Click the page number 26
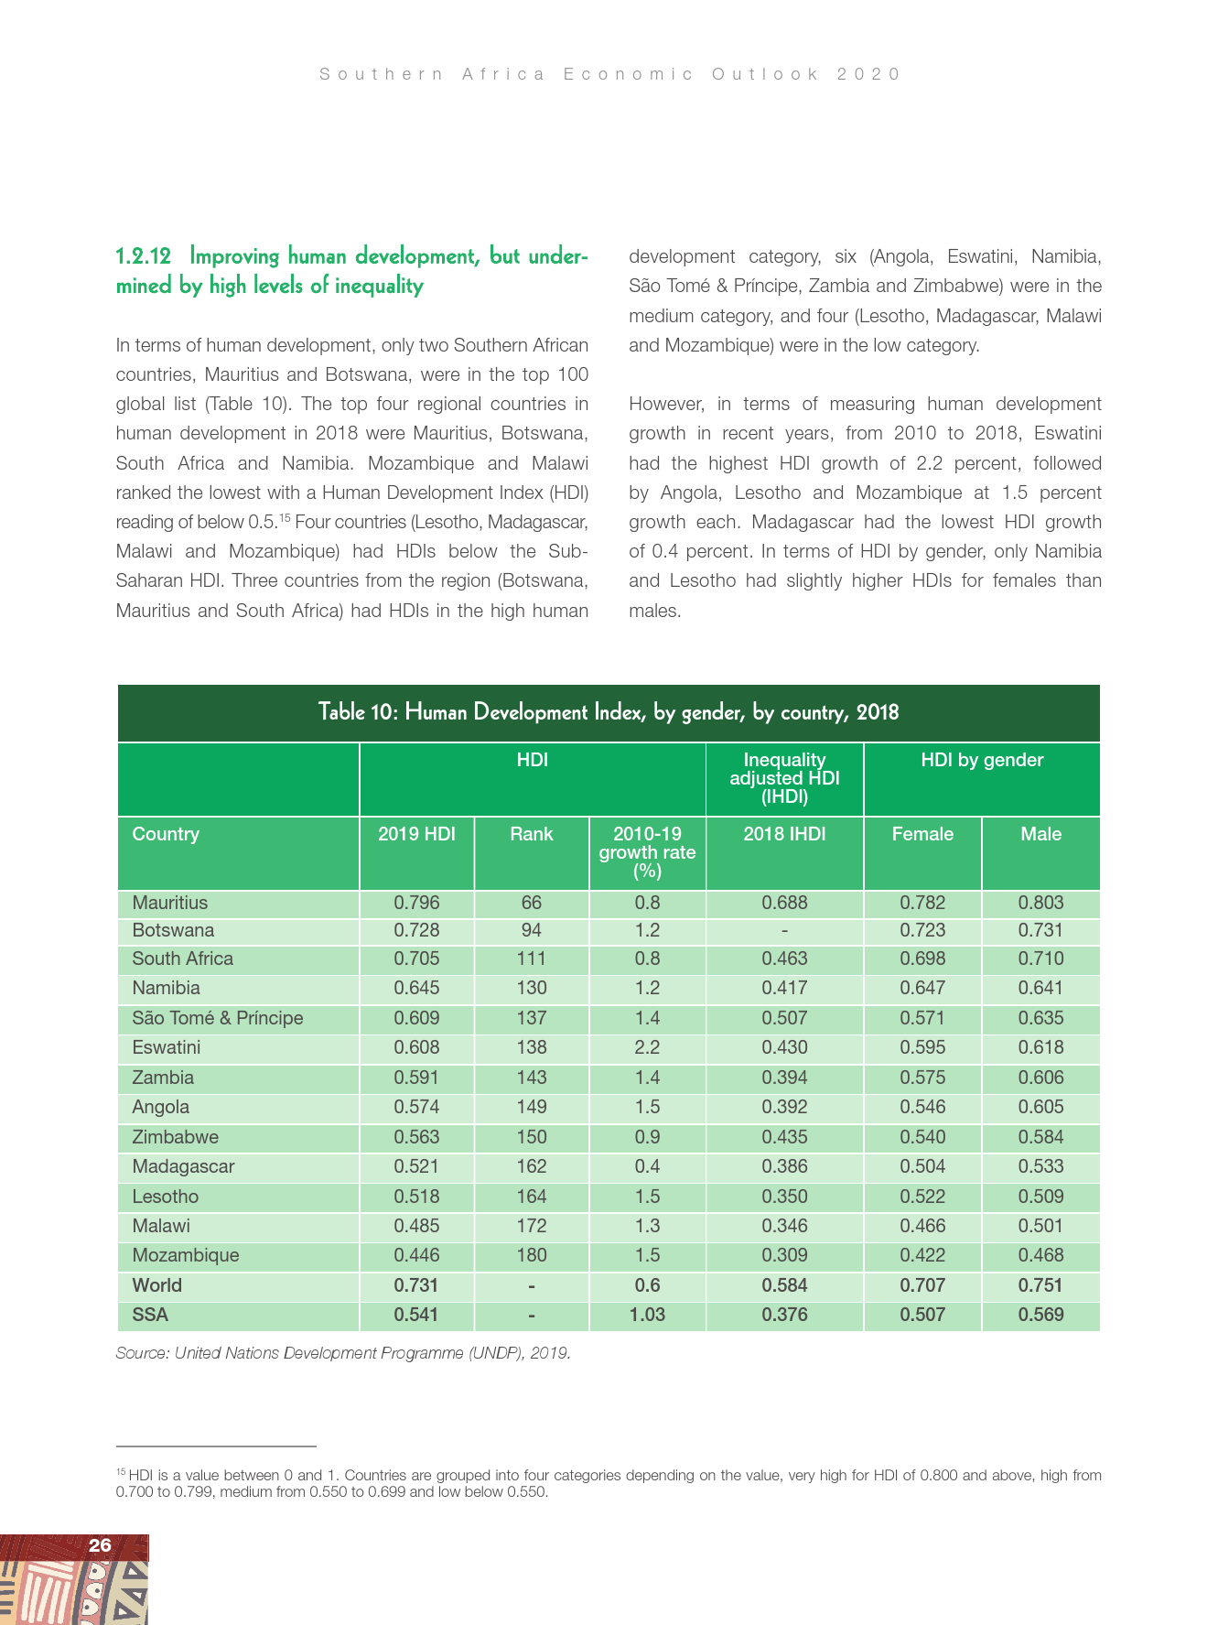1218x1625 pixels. click(x=100, y=1546)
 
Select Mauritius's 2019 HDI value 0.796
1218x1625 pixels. click(x=416, y=903)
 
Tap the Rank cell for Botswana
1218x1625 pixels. click(x=532, y=931)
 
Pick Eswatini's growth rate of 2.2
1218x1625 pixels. click(x=647, y=1047)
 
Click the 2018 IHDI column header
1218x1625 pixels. click(x=784, y=834)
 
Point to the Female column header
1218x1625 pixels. click(x=922, y=834)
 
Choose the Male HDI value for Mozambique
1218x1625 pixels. click(x=1040, y=1255)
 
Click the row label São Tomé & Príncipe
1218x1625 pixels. click(x=217, y=1018)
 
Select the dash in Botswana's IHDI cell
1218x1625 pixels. click(x=784, y=931)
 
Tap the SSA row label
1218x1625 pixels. click(x=150, y=1315)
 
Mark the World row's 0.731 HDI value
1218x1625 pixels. click(x=416, y=1285)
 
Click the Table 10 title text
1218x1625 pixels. click(x=609, y=712)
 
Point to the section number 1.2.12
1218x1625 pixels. click(x=143, y=256)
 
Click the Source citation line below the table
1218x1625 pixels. click(x=343, y=1353)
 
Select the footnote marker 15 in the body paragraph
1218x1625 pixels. click(x=285, y=518)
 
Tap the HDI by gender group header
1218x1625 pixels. click(x=982, y=760)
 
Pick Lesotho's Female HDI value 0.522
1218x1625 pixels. click(x=922, y=1197)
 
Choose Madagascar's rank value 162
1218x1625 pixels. click(x=532, y=1166)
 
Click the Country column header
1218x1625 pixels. click(x=166, y=834)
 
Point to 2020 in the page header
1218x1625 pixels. click(x=868, y=74)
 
